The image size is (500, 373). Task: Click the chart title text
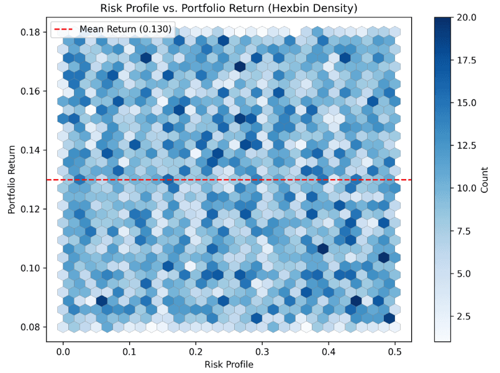click(229, 9)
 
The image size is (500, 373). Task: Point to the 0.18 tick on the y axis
click(32, 32)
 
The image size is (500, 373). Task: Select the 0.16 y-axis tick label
click(32, 91)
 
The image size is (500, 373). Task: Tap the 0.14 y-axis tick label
click(32, 150)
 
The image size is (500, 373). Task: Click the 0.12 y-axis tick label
click(32, 209)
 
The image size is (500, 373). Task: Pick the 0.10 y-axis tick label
click(32, 268)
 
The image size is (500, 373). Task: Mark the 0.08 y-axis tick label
click(32, 327)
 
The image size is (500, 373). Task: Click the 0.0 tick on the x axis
click(63, 352)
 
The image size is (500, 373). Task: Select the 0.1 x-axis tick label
click(129, 352)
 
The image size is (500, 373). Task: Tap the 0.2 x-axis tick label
click(196, 352)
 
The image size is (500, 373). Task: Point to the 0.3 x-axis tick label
click(262, 352)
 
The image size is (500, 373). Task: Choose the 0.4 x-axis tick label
click(329, 352)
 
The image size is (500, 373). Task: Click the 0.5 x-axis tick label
click(395, 352)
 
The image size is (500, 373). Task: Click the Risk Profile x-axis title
click(229, 364)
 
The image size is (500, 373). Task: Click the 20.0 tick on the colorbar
click(466, 18)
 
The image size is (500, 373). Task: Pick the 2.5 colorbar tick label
click(464, 316)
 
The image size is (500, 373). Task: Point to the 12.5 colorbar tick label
click(466, 146)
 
